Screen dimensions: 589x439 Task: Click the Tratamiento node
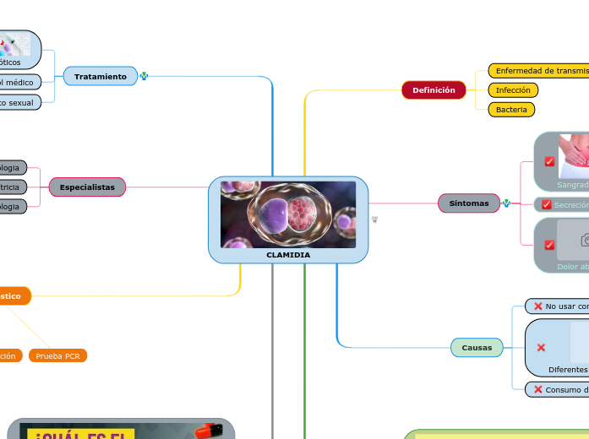click(x=100, y=77)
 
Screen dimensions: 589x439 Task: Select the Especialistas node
click(x=87, y=187)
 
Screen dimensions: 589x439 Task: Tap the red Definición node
click(x=434, y=90)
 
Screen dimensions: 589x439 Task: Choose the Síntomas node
click(x=468, y=203)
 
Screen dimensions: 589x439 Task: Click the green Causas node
click(x=477, y=348)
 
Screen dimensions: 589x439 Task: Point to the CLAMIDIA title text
click(x=288, y=255)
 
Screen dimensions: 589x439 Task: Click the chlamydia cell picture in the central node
click(x=288, y=214)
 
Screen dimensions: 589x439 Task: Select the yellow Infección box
click(x=513, y=90)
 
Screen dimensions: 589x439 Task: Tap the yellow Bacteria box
click(x=511, y=110)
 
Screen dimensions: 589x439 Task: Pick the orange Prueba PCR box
click(x=58, y=356)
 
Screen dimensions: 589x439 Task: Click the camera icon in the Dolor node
click(x=584, y=241)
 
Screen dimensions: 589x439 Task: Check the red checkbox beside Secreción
click(x=547, y=205)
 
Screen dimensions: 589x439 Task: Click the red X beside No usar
click(x=538, y=306)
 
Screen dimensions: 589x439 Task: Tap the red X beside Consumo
click(x=538, y=390)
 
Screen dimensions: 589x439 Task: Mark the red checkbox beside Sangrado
click(x=549, y=161)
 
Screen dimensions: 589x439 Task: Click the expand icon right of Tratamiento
click(x=144, y=77)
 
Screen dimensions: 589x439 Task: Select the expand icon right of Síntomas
click(x=506, y=203)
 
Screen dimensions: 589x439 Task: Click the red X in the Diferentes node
click(x=541, y=348)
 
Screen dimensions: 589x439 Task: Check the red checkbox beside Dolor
click(x=549, y=245)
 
